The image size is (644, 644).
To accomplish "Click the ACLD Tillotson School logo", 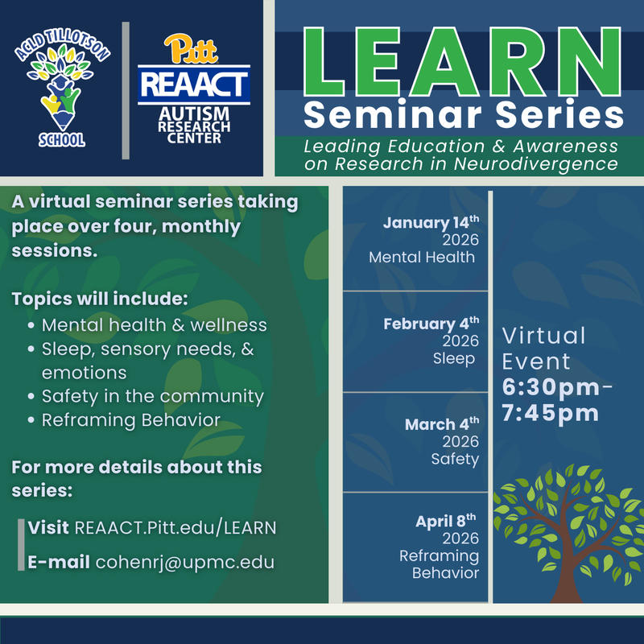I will (x=64, y=90).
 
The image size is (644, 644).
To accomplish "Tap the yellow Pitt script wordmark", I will (x=193, y=50).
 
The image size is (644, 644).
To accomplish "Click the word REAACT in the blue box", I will (x=194, y=84).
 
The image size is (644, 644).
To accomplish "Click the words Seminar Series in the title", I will (x=464, y=115).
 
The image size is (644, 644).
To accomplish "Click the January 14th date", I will (x=431, y=223).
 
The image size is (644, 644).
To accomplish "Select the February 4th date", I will (x=431, y=324).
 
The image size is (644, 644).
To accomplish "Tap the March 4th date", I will (x=441, y=423).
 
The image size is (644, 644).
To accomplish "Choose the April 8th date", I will (x=447, y=521).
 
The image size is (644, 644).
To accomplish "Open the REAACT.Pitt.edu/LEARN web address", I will (x=175, y=528).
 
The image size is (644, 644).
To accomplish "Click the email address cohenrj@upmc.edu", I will (x=184, y=562).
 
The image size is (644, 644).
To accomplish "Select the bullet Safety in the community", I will (x=152, y=396).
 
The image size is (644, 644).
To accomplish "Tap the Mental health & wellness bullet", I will (x=154, y=325).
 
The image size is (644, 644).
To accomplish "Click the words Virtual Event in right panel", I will (x=543, y=348).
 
